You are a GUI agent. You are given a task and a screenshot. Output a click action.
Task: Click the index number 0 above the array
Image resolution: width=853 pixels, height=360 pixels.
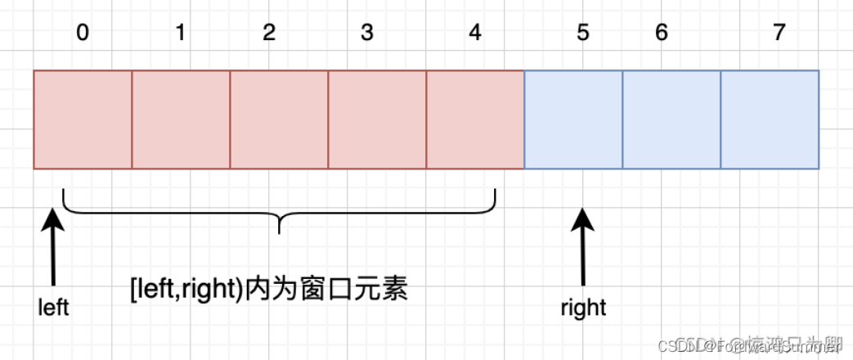tap(83, 34)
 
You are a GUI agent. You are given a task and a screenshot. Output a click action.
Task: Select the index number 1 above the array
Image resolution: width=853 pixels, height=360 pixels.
tap(180, 34)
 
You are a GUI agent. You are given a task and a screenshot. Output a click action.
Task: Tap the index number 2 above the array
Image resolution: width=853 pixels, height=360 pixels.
tap(270, 34)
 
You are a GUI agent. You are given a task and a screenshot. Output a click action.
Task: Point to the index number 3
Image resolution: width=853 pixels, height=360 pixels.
tap(367, 34)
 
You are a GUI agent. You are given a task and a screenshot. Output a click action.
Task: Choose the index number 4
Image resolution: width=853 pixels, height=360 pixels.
tap(475, 34)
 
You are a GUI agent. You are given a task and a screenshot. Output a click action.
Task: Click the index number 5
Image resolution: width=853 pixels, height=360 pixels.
tap(582, 34)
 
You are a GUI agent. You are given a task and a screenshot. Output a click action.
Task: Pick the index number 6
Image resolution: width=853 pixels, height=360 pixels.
tap(662, 34)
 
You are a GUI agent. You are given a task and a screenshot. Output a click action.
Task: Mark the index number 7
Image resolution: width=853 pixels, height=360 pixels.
tap(779, 34)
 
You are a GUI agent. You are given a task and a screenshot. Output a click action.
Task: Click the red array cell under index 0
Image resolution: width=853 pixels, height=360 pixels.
tap(83, 119)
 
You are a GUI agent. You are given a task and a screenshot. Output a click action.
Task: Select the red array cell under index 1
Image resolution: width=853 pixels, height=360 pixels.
tap(181, 119)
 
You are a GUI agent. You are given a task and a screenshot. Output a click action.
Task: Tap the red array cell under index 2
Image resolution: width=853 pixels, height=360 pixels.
tap(279, 119)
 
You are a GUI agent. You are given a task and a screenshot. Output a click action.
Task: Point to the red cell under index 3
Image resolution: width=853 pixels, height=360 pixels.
tap(377, 119)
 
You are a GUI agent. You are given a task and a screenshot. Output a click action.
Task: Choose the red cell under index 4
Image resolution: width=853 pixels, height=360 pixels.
tap(475, 119)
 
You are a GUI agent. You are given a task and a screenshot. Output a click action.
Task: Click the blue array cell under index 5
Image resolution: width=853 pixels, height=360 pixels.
tap(573, 119)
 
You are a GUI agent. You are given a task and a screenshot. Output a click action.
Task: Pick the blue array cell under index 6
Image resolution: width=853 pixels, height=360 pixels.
tap(671, 119)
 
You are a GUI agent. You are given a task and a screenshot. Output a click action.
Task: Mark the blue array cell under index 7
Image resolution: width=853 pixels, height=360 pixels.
tap(770, 119)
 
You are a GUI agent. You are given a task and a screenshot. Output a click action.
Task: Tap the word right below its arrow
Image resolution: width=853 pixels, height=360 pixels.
tap(583, 308)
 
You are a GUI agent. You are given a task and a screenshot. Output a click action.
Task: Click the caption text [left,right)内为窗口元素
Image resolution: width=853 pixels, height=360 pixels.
tap(268, 289)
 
